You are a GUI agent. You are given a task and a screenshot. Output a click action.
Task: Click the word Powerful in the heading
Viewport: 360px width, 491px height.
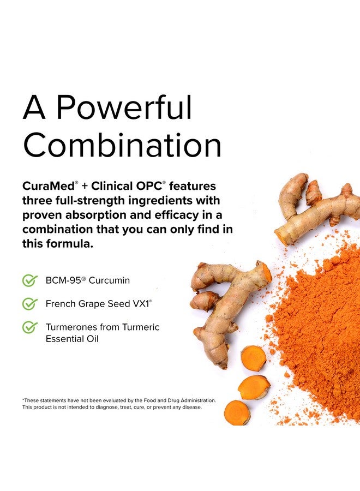[124, 108]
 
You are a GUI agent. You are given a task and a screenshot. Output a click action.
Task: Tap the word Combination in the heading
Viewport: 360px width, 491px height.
[122, 146]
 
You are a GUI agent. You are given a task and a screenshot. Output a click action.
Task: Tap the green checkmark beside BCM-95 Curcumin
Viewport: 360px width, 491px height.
[30, 280]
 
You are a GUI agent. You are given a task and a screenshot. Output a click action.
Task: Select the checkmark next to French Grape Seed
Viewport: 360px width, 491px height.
[30, 304]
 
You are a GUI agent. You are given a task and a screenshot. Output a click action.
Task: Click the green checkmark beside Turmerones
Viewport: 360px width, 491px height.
[30, 327]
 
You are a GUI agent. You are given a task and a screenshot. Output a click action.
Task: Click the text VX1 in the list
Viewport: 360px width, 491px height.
[140, 304]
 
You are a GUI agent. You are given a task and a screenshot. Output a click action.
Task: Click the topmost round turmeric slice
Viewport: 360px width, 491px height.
[254, 357]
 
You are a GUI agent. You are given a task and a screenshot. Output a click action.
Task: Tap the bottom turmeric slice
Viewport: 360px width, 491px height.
[237, 412]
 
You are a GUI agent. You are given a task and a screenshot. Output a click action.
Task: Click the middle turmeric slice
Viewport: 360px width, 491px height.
[254, 386]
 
